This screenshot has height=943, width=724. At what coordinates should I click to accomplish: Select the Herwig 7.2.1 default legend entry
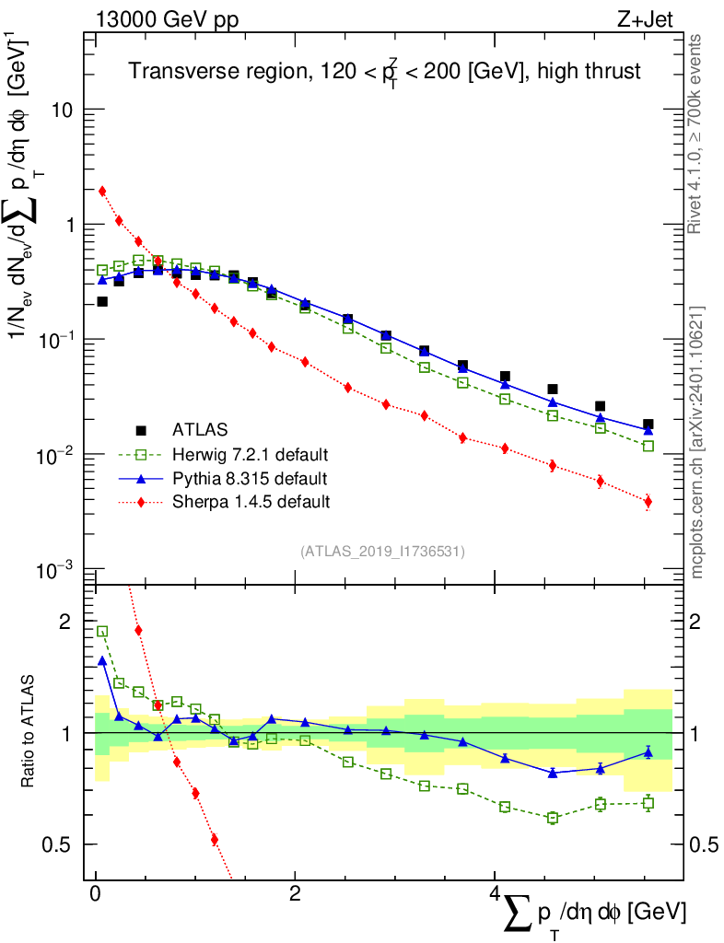click(251, 454)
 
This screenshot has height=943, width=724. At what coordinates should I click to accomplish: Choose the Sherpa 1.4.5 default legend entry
click(251, 502)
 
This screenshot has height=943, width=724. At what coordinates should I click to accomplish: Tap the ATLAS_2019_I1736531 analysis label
click(382, 552)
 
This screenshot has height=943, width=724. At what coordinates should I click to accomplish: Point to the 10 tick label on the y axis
click(62, 110)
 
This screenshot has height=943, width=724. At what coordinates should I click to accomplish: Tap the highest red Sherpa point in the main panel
click(102, 192)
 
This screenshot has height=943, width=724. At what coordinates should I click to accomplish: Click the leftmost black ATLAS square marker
click(102, 301)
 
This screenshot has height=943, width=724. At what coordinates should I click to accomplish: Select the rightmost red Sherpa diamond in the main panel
click(648, 502)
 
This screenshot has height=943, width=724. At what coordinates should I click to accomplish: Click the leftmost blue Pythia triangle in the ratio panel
click(102, 660)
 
